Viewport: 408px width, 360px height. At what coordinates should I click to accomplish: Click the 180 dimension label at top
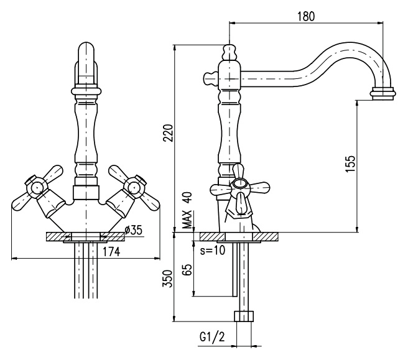tap(306, 16)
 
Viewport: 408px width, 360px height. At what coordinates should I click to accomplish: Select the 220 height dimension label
tap(168, 133)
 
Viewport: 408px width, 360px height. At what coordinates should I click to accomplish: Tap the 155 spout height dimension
tap(350, 164)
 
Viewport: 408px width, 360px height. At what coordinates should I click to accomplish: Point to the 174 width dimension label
tap(111, 252)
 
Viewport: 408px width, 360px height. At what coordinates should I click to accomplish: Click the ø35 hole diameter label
tap(133, 229)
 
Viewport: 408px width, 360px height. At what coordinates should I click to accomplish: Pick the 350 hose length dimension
tap(168, 279)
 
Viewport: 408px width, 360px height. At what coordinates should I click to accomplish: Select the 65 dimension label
tap(187, 269)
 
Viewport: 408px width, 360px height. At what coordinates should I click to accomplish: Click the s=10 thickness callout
tap(213, 251)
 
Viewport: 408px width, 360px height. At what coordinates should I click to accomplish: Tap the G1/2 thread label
tap(212, 338)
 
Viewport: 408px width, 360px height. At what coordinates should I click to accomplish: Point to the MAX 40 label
tap(187, 210)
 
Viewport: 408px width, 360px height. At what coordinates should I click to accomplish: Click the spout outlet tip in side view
tap(382, 94)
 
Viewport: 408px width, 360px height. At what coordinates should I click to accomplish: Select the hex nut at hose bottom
tap(244, 316)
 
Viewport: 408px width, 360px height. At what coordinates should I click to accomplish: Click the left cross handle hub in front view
tap(36, 187)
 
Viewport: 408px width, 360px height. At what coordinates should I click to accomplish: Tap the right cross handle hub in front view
tap(134, 187)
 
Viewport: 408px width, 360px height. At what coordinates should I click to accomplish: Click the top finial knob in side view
tap(229, 52)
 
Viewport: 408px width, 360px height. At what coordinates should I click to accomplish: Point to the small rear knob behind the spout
tap(210, 78)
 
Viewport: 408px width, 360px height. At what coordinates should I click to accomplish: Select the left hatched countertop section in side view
tap(212, 237)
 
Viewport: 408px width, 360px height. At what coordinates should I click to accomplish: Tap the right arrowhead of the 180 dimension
tap(381, 23)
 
